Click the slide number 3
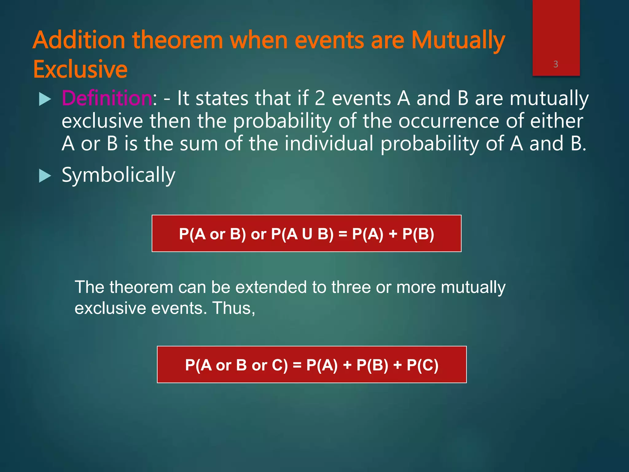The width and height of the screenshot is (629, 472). (556, 64)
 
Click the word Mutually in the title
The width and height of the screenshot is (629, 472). (458, 41)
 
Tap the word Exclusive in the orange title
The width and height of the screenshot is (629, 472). (80, 69)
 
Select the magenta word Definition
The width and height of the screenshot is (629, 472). (107, 98)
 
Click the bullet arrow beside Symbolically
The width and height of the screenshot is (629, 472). (45, 176)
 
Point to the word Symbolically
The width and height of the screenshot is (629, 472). (118, 175)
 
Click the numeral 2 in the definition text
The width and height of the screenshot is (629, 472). (320, 98)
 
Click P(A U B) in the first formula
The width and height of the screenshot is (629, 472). (302, 234)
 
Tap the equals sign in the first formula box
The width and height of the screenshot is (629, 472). (342, 234)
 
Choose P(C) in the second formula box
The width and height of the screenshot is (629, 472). (422, 365)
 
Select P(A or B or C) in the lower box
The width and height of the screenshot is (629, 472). (236, 365)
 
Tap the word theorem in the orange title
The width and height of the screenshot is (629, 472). (177, 41)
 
